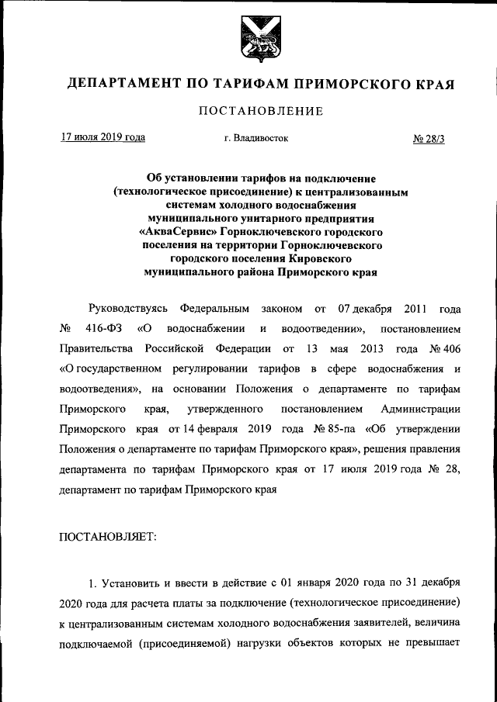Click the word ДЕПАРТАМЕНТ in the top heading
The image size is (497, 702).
click(114, 83)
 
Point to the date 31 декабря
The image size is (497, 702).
click(434, 581)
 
